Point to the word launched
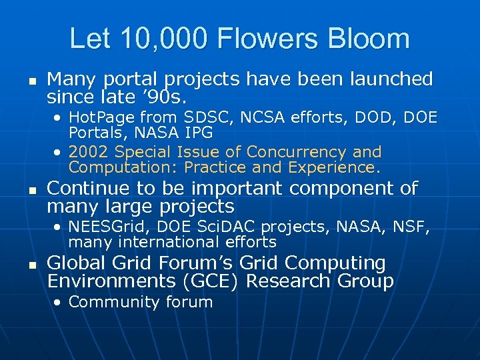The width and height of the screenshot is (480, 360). pos(397,79)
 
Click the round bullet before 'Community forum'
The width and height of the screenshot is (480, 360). pos(59,302)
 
